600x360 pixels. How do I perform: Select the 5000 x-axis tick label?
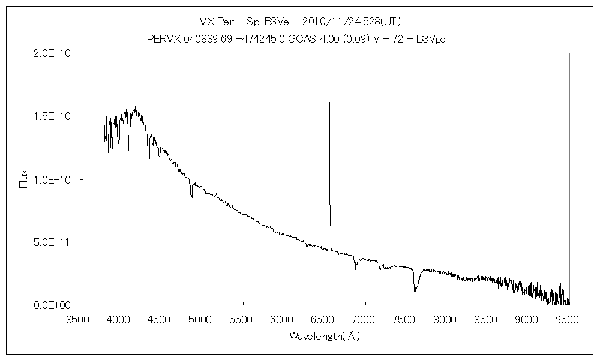pyautogui.click(x=202, y=319)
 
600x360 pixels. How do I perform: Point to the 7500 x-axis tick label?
pyautogui.click(x=406, y=319)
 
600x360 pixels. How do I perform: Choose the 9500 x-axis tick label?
pyautogui.click(x=568, y=319)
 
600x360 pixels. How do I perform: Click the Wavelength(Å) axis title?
pyautogui.click(x=324, y=336)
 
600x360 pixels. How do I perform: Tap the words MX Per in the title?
pyautogui.click(x=217, y=22)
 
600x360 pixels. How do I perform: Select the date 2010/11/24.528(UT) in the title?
pyautogui.click(x=352, y=22)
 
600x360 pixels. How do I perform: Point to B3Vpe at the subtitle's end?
pyautogui.click(x=432, y=39)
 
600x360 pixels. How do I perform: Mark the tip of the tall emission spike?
pyautogui.click(x=329, y=103)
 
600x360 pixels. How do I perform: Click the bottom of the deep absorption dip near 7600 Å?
pyautogui.click(x=415, y=292)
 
